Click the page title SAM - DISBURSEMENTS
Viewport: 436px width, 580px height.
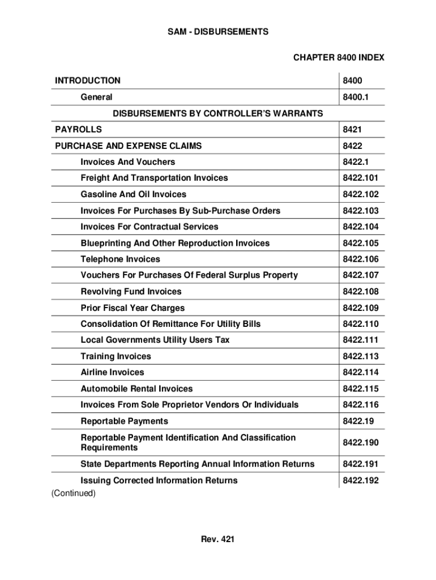coord(218,32)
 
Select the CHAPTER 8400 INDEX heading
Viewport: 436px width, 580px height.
coord(338,57)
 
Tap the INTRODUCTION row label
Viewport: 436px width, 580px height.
coord(88,80)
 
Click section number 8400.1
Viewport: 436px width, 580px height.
coord(356,97)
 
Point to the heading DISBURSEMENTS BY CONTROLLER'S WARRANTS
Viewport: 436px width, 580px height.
coord(218,113)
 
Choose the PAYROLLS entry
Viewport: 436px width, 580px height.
coord(79,130)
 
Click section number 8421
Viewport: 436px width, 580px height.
coord(352,130)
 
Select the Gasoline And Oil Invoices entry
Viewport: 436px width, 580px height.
coord(133,194)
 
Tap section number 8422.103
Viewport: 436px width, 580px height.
coord(360,211)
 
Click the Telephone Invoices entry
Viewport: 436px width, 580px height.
coord(120,259)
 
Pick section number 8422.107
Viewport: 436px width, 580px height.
coord(360,275)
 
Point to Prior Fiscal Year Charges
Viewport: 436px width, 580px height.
coord(132,308)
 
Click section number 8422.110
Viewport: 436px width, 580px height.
coord(360,324)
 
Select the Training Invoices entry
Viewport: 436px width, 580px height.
coord(116,356)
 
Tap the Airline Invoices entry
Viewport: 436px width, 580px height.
coord(112,372)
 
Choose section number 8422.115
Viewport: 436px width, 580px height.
coord(360,389)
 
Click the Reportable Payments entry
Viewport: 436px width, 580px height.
coord(124,421)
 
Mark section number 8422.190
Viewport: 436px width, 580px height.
coord(360,442)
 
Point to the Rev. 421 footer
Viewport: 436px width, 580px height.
coord(217,539)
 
